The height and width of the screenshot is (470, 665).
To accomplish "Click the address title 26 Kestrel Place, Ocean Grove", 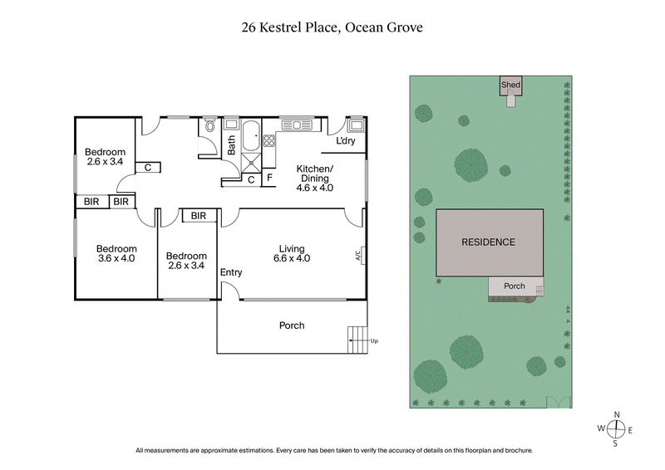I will pos(332,27).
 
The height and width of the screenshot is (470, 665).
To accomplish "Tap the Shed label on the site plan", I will pos(510,85).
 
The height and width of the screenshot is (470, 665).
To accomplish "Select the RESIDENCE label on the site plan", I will pos(489,242).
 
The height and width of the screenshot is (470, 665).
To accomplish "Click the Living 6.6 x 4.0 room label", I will pos(292,253).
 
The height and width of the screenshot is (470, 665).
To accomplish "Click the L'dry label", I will pos(346,141).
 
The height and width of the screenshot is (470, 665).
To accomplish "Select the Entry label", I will pos(230,272).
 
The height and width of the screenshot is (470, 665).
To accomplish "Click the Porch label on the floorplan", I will pos(291,326).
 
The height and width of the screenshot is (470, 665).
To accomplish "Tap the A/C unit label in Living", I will pos(357,256).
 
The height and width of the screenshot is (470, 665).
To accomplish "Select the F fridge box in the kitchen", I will pos(269,178).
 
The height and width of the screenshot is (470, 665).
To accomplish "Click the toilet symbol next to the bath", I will pos(209,128).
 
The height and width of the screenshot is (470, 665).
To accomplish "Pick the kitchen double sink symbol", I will pos(295,125).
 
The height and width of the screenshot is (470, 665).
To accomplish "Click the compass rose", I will pos(616,428).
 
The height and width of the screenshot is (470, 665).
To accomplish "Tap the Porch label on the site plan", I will pos(515,286).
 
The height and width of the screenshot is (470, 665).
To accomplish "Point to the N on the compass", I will pos(616,414).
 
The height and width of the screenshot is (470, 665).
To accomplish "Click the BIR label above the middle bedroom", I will pos(199,216).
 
